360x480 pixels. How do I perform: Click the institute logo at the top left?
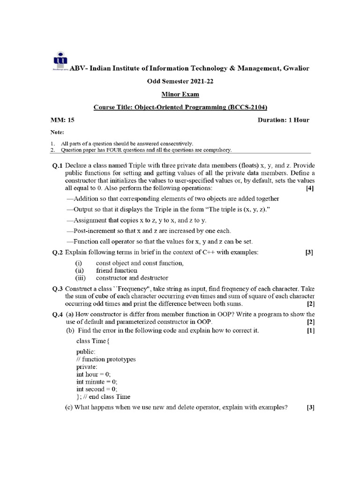pyautogui.click(x=59, y=60)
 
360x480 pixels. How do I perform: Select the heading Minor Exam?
pyautogui.click(x=180, y=94)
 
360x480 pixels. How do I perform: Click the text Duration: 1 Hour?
pyautogui.click(x=283, y=120)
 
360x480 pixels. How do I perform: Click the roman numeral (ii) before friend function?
pyautogui.click(x=80, y=270)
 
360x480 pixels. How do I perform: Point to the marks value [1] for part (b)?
pyautogui.click(x=310, y=330)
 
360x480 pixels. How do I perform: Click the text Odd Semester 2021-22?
pyautogui.click(x=180, y=81)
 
